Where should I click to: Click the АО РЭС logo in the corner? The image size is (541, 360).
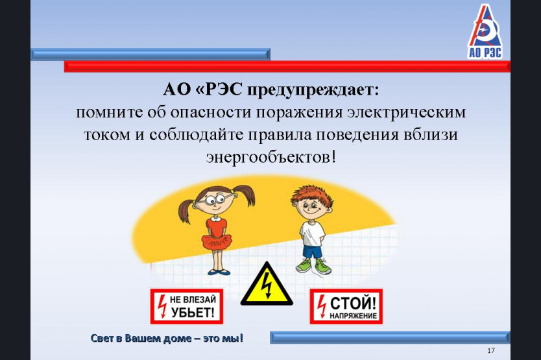click(485, 32)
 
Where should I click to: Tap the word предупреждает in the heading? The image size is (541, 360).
click(313, 90)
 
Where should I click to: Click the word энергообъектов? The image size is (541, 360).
click(271, 158)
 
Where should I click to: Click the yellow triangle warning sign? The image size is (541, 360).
click(267, 284)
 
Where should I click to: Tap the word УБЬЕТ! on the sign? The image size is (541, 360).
click(193, 313)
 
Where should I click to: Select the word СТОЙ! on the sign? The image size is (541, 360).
click(353, 304)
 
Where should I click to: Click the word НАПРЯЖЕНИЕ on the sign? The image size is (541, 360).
click(353, 315)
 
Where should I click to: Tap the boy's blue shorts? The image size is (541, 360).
click(312, 251)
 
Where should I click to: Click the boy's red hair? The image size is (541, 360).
click(311, 195)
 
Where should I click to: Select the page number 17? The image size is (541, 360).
click(491, 351)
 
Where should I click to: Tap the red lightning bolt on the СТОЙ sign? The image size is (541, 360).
click(322, 306)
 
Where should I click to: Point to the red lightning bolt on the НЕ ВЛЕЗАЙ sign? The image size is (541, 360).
click(162, 306)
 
